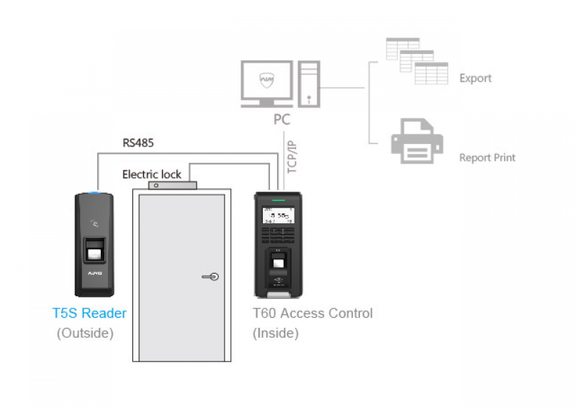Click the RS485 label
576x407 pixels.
138,143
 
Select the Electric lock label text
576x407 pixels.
151,174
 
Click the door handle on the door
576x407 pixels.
210,276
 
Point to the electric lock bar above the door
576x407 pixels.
172,185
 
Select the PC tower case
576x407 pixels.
308,84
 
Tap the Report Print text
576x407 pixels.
487,158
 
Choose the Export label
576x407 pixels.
475,79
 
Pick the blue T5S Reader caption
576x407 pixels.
89,313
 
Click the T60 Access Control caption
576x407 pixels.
312,313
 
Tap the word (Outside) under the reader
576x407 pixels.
85,334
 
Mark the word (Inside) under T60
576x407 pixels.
276,334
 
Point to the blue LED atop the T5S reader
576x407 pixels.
96,194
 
